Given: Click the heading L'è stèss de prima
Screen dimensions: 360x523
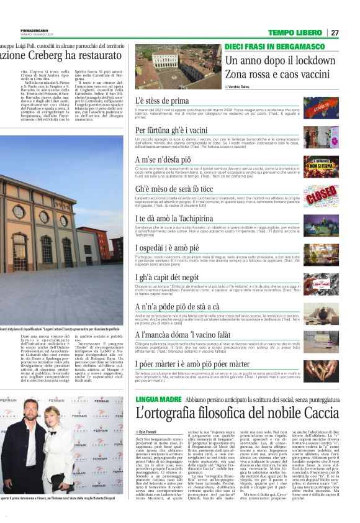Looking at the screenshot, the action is [162, 101].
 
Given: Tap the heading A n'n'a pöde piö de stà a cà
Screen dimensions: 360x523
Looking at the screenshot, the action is [178, 306].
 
